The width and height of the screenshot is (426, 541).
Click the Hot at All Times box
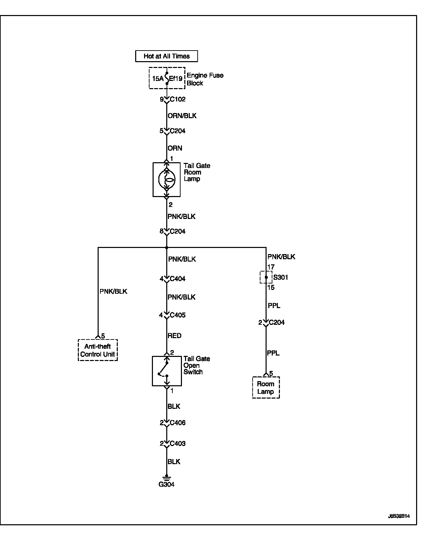click(166, 56)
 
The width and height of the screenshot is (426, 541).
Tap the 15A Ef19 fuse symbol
click(167, 78)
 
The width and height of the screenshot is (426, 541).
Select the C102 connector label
click(177, 99)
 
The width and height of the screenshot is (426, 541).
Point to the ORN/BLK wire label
click(182, 116)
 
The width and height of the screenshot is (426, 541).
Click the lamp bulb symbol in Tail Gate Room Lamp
click(167, 179)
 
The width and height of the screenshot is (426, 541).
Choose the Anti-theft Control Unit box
click(98, 350)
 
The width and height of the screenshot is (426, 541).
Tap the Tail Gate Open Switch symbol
click(167, 371)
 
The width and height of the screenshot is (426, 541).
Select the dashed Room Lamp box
click(266, 388)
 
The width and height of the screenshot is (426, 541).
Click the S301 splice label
click(281, 277)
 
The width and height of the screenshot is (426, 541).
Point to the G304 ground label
click(166, 484)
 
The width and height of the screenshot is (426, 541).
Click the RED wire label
click(174, 336)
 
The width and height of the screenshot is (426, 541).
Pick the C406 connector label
click(177, 423)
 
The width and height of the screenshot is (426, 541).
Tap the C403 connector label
click(177, 444)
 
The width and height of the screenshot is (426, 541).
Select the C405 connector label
click(177, 315)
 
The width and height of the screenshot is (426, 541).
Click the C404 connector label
click(177, 279)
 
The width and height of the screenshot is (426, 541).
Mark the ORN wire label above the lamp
click(175, 148)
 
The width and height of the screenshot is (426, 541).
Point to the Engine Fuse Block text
click(205, 79)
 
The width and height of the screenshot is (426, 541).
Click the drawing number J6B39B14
click(399, 516)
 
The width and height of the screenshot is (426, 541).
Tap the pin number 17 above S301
click(271, 267)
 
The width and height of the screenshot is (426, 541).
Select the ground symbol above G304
click(167, 477)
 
